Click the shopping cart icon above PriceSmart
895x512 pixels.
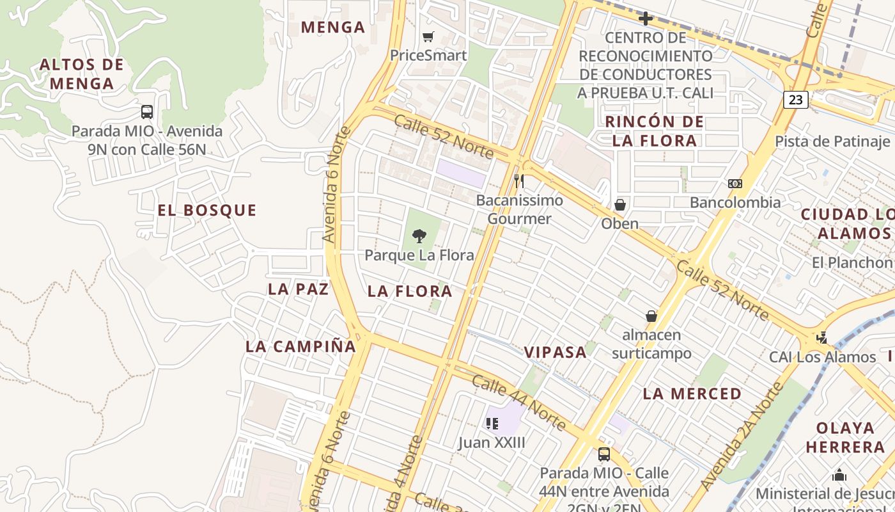click(x=428, y=36)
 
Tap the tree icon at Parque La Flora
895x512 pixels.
click(x=419, y=236)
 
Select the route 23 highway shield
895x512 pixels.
click(x=795, y=100)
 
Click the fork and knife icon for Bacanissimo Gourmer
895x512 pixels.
click(x=519, y=181)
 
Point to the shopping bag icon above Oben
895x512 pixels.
click(x=619, y=205)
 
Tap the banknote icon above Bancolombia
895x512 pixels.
click(x=735, y=184)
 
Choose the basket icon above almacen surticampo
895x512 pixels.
click(x=651, y=316)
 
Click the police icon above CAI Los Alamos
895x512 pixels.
click(x=822, y=337)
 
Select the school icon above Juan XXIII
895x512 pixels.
click(x=492, y=423)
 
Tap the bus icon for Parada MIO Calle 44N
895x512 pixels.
click(x=603, y=454)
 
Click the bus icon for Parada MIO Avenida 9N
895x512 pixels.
click(x=147, y=112)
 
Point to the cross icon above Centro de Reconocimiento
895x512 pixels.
click(x=646, y=19)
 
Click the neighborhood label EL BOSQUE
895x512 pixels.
click(x=207, y=211)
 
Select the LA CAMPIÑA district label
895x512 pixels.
click(x=300, y=347)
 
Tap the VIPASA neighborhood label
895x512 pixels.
click(x=556, y=352)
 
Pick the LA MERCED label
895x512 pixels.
click(x=692, y=394)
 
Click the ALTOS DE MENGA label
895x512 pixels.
click(x=81, y=74)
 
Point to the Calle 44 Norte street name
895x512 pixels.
click(x=518, y=403)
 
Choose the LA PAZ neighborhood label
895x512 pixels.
click(x=298, y=289)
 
